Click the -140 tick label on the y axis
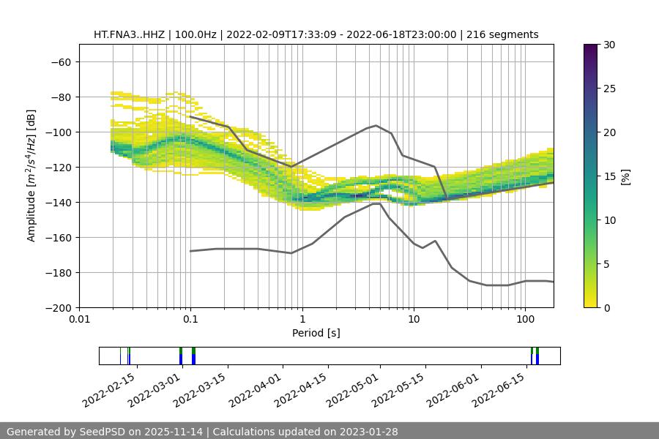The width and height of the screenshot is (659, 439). pyautogui.click(x=59, y=202)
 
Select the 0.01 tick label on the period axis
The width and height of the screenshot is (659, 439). pyautogui.click(x=79, y=320)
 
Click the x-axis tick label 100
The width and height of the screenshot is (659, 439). pyautogui.click(x=525, y=320)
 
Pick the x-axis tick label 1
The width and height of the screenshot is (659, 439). pyautogui.click(x=302, y=320)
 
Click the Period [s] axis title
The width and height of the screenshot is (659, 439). pyautogui.click(x=316, y=333)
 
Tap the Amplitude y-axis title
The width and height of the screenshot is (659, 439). pyautogui.click(x=31, y=176)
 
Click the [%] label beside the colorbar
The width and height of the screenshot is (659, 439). pyautogui.click(x=625, y=176)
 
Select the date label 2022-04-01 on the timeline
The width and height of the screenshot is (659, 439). pyautogui.click(x=255, y=389)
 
